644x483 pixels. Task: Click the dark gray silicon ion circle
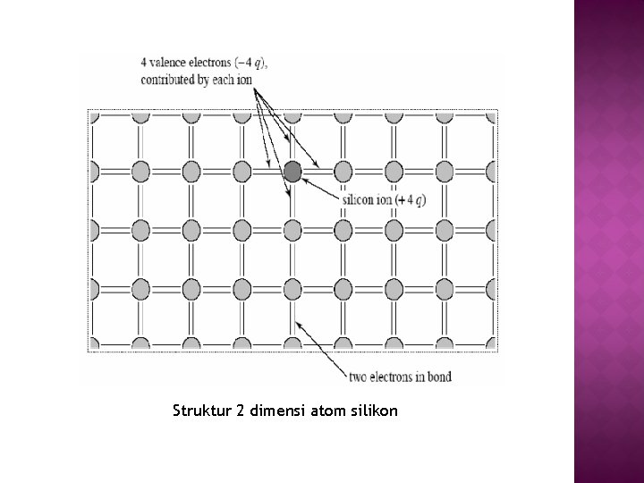point(292,171)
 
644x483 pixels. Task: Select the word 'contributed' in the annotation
point(169,79)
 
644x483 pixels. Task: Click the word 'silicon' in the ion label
point(358,199)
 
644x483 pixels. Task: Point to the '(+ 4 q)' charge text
point(410,199)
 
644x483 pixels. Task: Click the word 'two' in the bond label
point(358,377)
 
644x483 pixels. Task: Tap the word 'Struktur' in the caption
point(201,411)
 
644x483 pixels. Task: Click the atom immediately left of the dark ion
point(241,171)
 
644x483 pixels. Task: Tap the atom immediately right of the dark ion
point(343,171)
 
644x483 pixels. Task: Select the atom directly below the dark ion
point(292,230)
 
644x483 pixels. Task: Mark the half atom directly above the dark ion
point(292,116)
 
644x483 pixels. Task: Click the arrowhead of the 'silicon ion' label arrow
point(304,178)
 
